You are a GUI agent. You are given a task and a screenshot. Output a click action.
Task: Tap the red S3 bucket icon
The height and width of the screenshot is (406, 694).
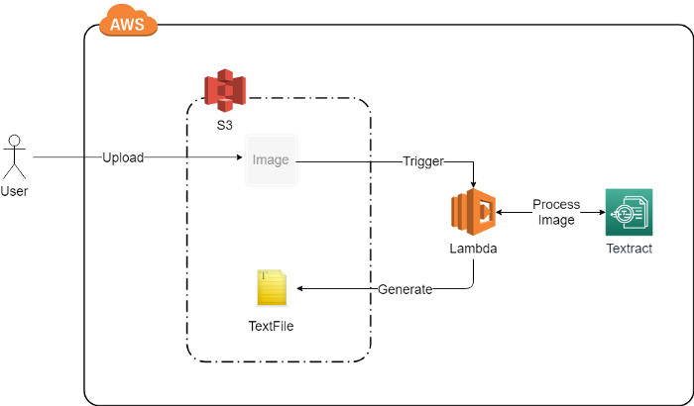tap(224, 90)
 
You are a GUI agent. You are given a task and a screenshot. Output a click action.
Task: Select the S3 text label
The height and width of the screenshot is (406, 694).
tap(224, 125)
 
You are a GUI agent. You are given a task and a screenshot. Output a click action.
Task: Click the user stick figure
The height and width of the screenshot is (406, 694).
tap(14, 154)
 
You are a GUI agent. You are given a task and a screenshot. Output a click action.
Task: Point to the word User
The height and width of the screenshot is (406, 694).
tap(14, 191)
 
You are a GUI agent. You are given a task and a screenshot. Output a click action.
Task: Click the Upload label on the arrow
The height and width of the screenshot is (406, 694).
tap(123, 158)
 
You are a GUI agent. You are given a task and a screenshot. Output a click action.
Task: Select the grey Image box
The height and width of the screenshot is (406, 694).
tap(270, 159)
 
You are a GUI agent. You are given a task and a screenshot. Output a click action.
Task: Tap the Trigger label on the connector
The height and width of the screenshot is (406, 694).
tap(423, 160)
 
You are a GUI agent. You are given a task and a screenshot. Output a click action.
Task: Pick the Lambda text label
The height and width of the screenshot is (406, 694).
tap(473, 250)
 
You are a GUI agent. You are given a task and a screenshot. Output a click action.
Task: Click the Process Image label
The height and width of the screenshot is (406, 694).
tap(556, 212)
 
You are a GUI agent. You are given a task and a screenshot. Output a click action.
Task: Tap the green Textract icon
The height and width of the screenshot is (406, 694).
tap(629, 211)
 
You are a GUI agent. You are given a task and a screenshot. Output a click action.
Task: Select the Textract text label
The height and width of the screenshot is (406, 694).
tap(630, 249)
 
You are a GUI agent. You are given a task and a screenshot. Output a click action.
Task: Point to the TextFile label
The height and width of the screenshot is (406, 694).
tap(271, 325)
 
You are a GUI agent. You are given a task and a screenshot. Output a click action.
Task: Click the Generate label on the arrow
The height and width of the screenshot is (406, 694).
tap(405, 289)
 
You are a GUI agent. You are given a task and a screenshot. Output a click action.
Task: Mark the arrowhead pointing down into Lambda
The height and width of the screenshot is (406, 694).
tap(474, 183)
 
